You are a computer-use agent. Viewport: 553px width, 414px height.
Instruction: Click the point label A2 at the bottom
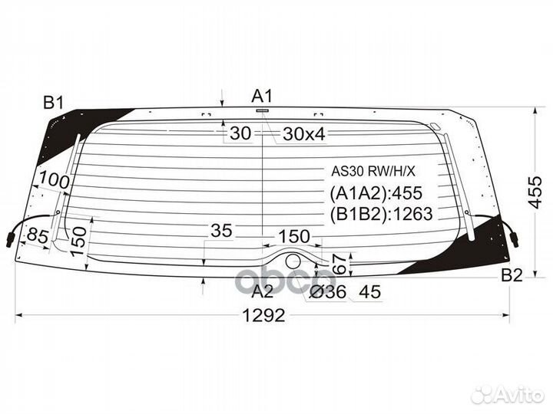click(263, 291)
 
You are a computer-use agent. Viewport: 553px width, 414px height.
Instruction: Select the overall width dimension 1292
click(263, 315)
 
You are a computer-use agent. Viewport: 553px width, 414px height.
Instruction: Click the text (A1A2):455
click(376, 193)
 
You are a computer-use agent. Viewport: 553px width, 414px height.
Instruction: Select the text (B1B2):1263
click(381, 214)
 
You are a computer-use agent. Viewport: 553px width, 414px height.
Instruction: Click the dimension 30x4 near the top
click(304, 134)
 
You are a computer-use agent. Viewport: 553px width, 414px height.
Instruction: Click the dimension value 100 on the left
click(55, 182)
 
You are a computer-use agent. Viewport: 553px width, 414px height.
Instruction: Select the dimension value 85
click(36, 236)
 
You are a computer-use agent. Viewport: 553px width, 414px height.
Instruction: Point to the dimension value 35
click(222, 231)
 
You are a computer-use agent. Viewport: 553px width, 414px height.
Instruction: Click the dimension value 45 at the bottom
click(369, 291)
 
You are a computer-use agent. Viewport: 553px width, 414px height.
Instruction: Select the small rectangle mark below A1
click(263, 111)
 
